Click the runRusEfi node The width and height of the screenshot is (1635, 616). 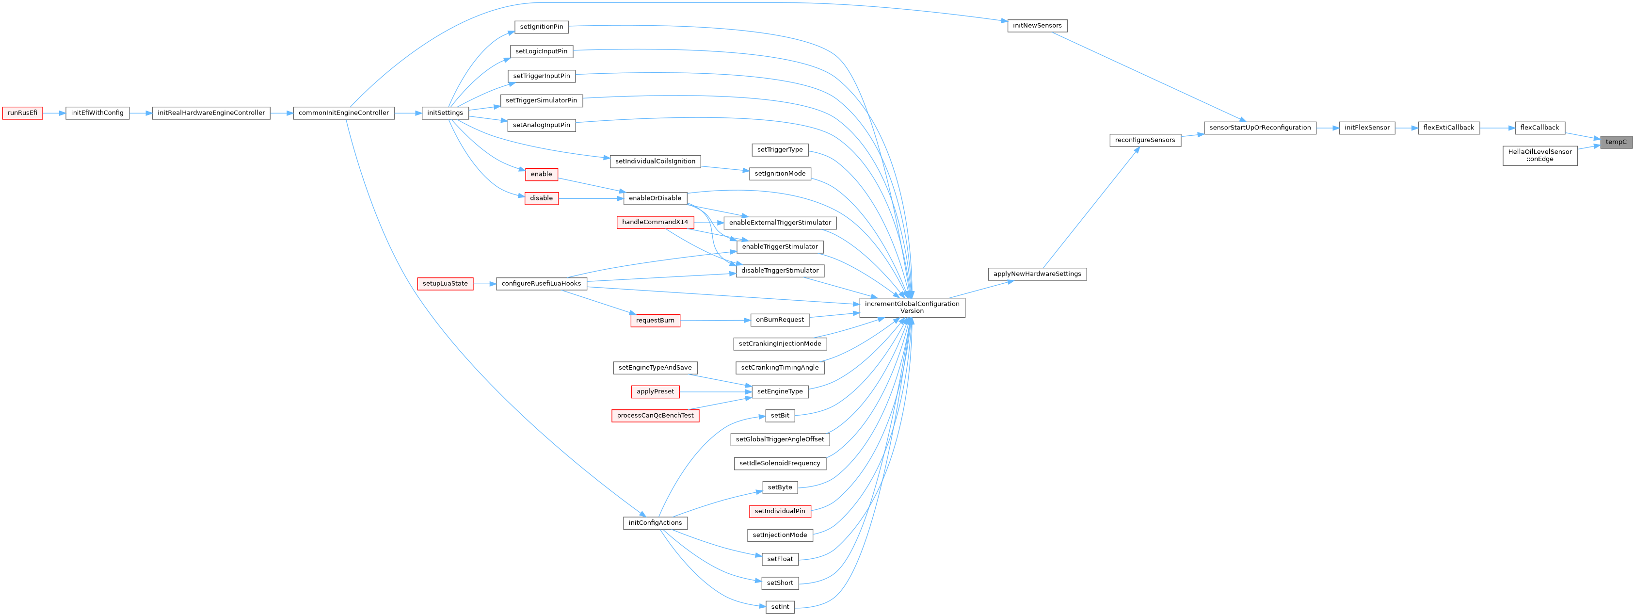pyautogui.click(x=22, y=113)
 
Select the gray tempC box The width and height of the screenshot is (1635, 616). pyautogui.click(x=1616, y=142)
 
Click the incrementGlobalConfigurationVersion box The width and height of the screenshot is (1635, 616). pyautogui.click(x=912, y=308)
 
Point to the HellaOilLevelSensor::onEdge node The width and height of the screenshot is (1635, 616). pyautogui.click(x=1540, y=156)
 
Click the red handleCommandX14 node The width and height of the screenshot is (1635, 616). pyautogui.click(x=655, y=222)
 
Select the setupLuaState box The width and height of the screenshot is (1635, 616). pyautogui.click(x=445, y=284)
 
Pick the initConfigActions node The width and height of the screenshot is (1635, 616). pyautogui.click(x=655, y=523)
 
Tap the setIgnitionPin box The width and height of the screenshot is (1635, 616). pyautogui.click(x=542, y=27)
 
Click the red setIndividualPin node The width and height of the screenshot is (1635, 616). pyautogui.click(x=780, y=511)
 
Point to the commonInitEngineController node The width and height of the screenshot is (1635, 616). pyautogui.click(x=343, y=113)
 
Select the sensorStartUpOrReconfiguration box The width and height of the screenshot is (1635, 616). pyautogui.click(x=1260, y=128)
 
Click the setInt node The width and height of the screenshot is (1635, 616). pyautogui.click(x=780, y=607)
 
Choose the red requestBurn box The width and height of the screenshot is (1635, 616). pyautogui.click(x=655, y=321)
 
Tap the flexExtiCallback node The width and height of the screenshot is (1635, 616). pyautogui.click(x=1449, y=128)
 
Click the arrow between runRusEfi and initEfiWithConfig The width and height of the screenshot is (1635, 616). pyautogui.click(x=54, y=113)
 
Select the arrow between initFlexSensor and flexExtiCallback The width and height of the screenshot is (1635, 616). pyautogui.click(x=1407, y=128)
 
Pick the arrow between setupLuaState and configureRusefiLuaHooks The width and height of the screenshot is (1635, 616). pyautogui.click(x=484, y=284)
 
